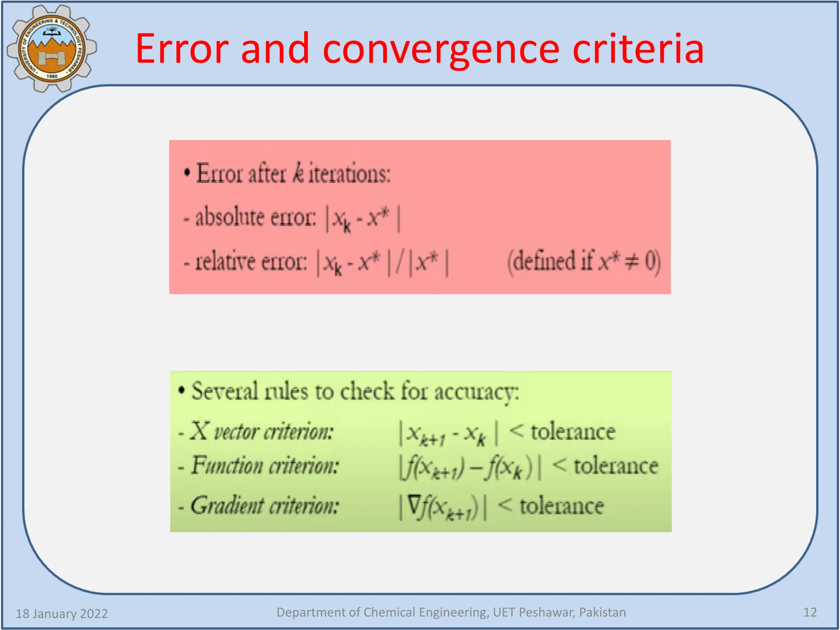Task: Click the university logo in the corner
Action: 52,48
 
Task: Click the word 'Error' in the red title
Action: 181,49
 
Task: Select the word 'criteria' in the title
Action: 638,49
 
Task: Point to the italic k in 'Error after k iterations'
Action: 298,173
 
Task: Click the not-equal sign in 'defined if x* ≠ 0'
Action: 631,262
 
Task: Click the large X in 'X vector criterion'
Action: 200,431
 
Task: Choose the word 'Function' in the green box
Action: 227,466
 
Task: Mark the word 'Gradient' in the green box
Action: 227,506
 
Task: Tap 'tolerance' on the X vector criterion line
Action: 573,432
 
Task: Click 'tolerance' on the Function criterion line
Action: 616,466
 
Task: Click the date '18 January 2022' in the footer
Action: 62,614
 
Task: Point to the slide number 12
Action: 810,612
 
